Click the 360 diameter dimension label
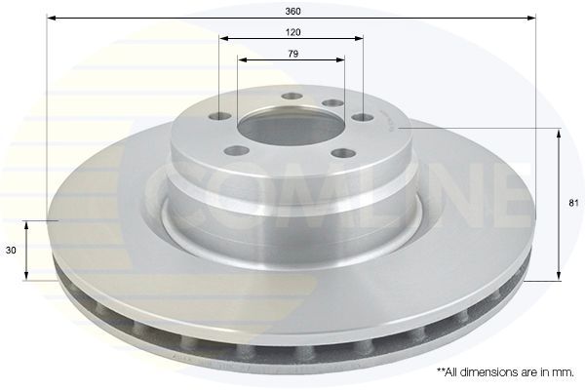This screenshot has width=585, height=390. [292, 11]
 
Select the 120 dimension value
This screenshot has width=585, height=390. [292, 32]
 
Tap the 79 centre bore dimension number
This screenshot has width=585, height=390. [293, 54]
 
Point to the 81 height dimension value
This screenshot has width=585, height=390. [573, 204]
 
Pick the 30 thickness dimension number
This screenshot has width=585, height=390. [11, 251]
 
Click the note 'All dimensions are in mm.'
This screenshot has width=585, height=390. [505, 372]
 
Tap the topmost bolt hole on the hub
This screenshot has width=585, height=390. [292, 97]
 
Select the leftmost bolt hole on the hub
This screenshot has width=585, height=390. [219, 117]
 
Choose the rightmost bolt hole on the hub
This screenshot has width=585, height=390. [363, 118]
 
